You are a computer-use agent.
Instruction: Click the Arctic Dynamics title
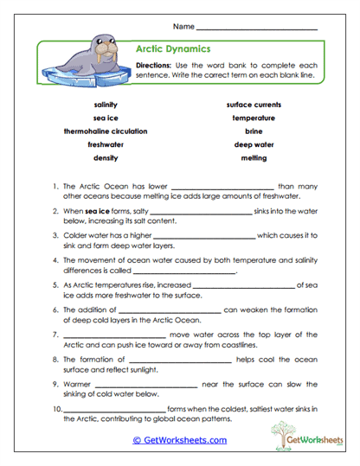[173, 49]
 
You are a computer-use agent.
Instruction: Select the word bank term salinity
[106, 104]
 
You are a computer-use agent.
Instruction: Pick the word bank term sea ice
[106, 118]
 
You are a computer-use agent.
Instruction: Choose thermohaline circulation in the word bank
[106, 131]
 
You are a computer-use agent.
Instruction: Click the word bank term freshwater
[106, 144]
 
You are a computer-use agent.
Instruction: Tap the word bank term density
[106, 158]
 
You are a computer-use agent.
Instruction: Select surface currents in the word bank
[254, 104]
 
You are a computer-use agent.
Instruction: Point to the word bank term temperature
[254, 118]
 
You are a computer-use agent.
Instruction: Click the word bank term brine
[254, 131]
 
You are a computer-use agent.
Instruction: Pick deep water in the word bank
[254, 144]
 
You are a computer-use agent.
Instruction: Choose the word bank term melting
[254, 158]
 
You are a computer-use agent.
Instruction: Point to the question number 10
[56, 407]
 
